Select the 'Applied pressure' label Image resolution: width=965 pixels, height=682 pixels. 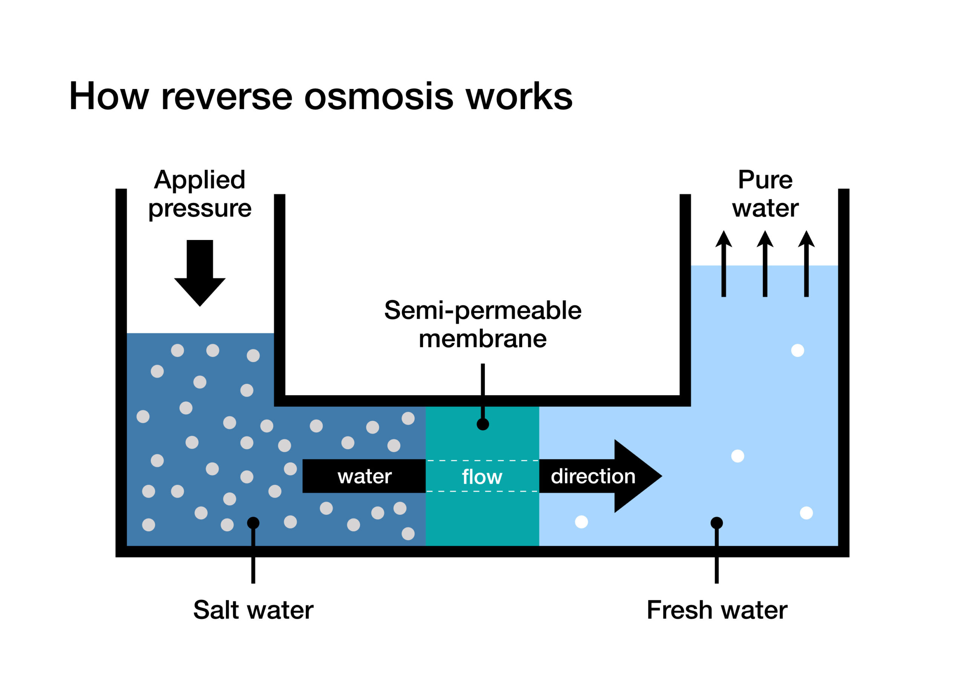200,194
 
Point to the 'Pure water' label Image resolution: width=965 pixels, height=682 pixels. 765,194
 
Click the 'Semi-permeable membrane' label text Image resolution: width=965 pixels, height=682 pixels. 482,324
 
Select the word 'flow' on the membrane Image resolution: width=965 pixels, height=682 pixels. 482,477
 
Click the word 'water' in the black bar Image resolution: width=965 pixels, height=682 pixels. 365,477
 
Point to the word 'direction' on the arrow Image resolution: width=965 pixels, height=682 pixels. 593,477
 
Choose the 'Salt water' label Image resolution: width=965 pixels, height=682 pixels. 253,610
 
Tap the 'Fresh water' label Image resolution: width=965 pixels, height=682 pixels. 717,610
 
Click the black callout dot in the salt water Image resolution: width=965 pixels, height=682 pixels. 253,523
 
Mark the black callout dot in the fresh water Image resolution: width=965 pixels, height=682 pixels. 717,523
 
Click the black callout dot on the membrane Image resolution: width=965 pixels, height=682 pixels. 482,424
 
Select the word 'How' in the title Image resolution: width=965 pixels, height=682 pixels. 109,97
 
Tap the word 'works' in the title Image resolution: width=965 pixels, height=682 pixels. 519,97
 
